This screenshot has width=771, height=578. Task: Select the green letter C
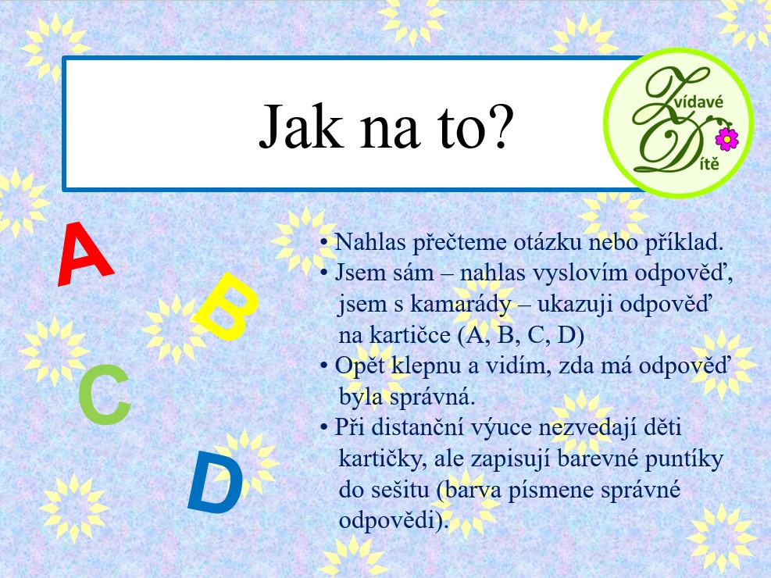pos(105,394)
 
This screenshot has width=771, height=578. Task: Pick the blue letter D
pos(216,483)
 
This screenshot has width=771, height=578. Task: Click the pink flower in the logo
pos(726,139)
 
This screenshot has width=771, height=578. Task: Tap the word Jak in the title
pos(301,127)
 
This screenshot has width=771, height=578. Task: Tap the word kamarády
pos(461,305)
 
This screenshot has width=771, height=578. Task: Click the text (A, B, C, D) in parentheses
pos(521,336)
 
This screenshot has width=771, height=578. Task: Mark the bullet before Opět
pos(323,366)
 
